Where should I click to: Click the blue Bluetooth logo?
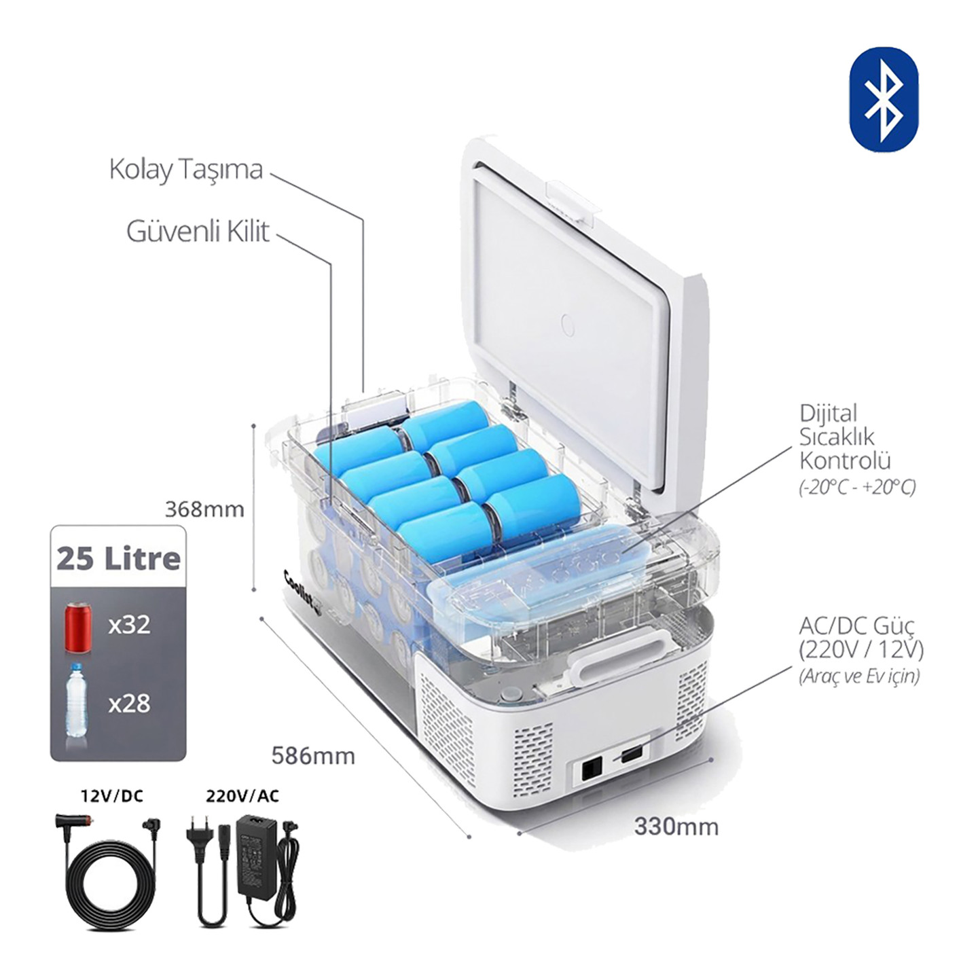(884, 99)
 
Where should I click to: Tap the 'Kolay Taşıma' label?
(186, 170)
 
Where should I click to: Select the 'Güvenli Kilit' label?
(198, 232)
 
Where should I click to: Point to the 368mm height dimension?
(204, 509)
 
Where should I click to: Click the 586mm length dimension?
(313, 756)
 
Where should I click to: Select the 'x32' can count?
(129, 626)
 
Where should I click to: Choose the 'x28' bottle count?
(129, 704)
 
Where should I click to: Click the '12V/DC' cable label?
(112, 796)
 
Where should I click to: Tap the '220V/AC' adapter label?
(242, 796)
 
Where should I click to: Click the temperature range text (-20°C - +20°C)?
(858, 487)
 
